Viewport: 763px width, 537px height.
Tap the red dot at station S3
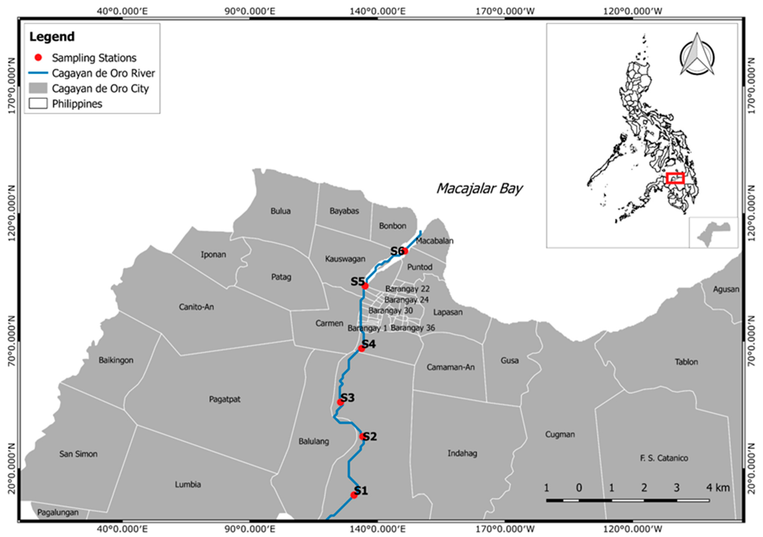pyautogui.click(x=340, y=402)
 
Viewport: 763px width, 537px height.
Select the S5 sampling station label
pyautogui.click(x=358, y=282)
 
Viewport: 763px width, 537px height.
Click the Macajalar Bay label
pyautogui.click(x=479, y=189)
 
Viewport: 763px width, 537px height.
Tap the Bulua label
pyautogui.click(x=280, y=211)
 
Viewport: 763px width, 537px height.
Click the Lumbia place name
pyautogui.click(x=188, y=484)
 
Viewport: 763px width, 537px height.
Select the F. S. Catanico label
pyautogui.click(x=664, y=458)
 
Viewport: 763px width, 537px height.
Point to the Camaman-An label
pyautogui.click(x=450, y=367)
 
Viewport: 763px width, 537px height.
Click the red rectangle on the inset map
pyautogui.click(x=675, y=178)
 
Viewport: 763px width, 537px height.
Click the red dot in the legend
pyautogui.click(x=39, y=57)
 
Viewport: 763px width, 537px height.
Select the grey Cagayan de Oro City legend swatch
pyautogui.click(x=38, y=88)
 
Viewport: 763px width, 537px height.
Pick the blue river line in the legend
pyautogui.click(x=38, y=73)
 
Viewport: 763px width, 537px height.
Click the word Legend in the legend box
pyautogui.click(x=52, y=36)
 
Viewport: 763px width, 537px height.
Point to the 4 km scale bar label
pyautogui.click(x=718, y=488)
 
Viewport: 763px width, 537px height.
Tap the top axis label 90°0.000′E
pyautogui.click(x=250, y=11)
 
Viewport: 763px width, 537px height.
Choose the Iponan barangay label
pyautogui.click(x=213, y=255)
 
